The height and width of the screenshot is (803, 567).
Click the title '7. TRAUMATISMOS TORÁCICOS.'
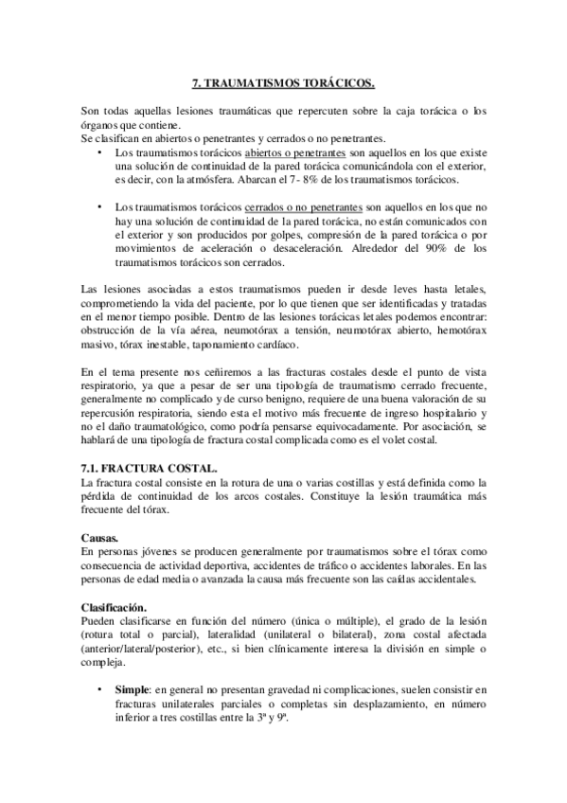283,82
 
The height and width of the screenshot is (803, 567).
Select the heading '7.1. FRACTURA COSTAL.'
150,469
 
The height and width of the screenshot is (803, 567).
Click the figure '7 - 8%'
280,177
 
